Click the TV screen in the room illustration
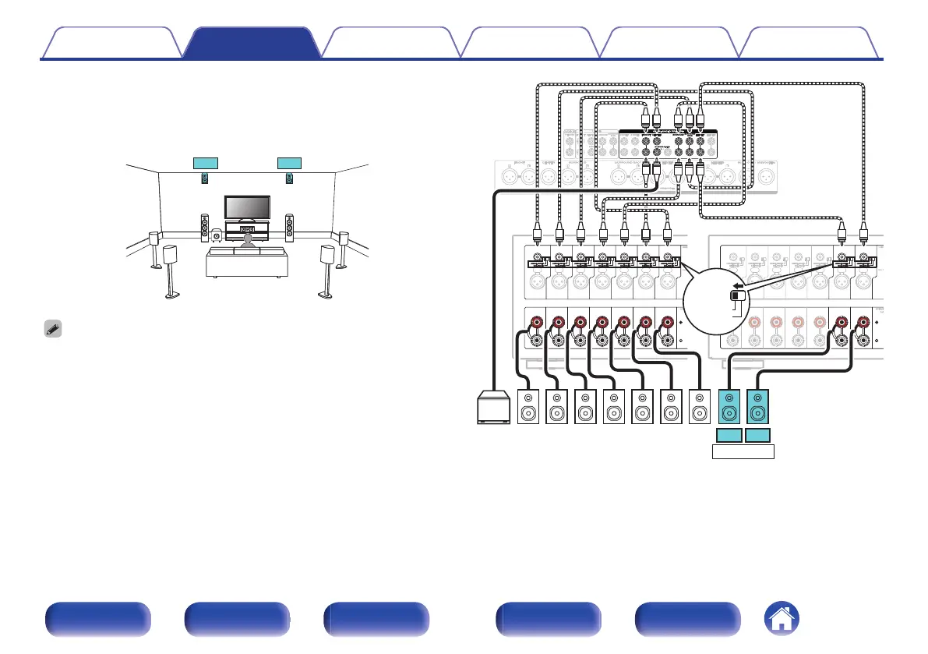click(x=247, y=207)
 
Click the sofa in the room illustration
click(x=246, y=262)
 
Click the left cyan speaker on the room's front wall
click(x=206, y=179)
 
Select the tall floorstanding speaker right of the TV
click(x=290, y=227)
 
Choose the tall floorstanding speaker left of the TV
click(x=204, y=227)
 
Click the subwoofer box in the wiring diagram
click(x=493, y=407)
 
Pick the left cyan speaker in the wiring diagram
click(x=729, y=406)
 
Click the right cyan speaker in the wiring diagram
click(x=758, y=406)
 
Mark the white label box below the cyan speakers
click(x=743, y=452)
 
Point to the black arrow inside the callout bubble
click(x=735, y=285)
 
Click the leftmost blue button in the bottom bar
click(x=97, y=621)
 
